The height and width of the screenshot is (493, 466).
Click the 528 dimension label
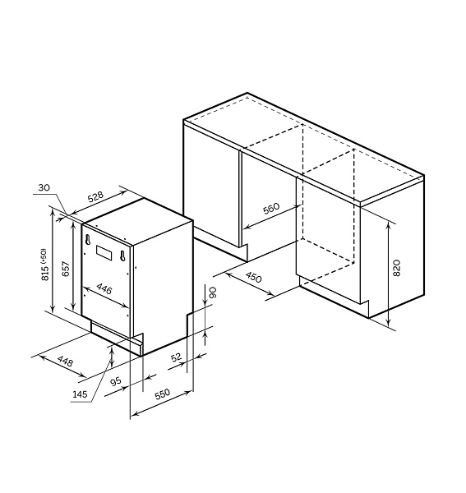coord(95,197)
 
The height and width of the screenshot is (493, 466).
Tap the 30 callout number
coord(44,187)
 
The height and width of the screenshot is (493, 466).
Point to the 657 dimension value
coord(66,269)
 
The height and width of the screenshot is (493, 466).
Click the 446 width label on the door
coord(104,288)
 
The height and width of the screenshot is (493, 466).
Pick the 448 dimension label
coord(66,362)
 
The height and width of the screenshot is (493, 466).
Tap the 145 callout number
coord(80,394)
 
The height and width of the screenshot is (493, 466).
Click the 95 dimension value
coord(116,382)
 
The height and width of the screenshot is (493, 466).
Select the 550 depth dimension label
coord(163,394)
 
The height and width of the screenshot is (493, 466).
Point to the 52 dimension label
coord(176,357)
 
